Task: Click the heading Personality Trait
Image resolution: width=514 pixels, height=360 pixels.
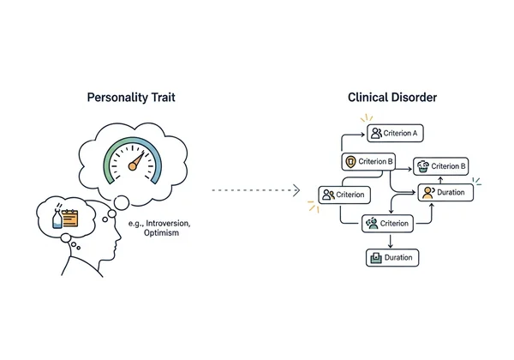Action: pos(133,97)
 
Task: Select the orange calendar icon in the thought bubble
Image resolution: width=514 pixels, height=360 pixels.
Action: pos(69,218)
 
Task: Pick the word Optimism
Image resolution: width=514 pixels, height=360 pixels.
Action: pos(162,233)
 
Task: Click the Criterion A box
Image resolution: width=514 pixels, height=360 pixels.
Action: pos(395,133)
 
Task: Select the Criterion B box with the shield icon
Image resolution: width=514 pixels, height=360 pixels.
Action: pos(370,161)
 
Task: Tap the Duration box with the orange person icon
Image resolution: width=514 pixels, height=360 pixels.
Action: pos(443,193)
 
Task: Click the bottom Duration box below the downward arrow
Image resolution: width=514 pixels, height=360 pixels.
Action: pos(393,257)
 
